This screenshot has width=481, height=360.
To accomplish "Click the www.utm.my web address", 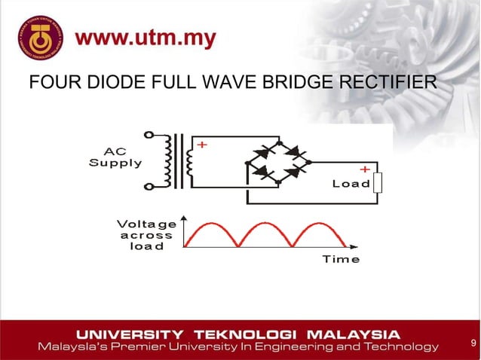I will pos(148,38).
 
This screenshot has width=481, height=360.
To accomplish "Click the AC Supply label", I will pos(115,156).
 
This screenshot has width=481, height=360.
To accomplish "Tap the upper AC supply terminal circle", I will pos(149,135).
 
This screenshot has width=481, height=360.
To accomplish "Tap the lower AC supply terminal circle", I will pos(149,186).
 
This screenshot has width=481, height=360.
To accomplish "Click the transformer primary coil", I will pos(170,160).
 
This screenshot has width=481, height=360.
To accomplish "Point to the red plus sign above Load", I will pos(364,169).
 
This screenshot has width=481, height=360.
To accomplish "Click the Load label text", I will pos(351,184).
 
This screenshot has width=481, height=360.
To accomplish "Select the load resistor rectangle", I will pos(378,183).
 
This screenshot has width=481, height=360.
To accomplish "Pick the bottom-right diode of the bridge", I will pos(296,172).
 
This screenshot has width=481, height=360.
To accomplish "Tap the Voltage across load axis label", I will pos(146,234).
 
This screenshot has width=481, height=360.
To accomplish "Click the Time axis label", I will pos(341,258).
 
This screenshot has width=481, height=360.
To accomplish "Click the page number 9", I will pos(472,344).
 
